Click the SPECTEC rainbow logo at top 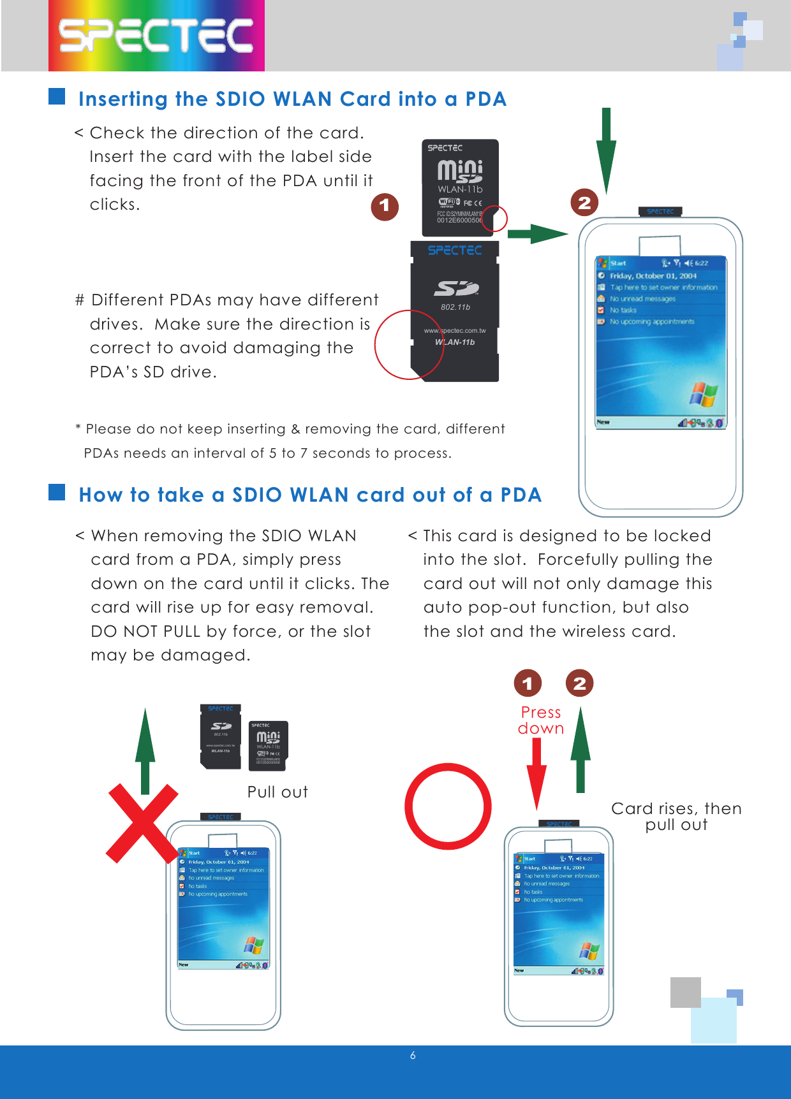tap(156, 35)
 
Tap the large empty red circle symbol tap(448, 806)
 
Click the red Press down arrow tap(536, 775)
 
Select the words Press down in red tap(541, 720)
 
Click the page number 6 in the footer tap(413, 1056)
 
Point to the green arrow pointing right tap(537, 234)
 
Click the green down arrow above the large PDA tap(606, 150)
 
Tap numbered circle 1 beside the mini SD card tap(385, 206)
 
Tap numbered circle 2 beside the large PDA tap(584, 203)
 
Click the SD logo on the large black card tap(456, 289)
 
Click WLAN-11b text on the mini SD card tap(460, 189)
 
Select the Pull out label tap(277, 792)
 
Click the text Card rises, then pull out tap(676, 817)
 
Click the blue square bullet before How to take tap(57, 492)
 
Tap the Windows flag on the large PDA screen tap(703, 395)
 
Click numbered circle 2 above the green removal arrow tap(579, 683)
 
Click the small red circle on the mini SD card tap(494, 219)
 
